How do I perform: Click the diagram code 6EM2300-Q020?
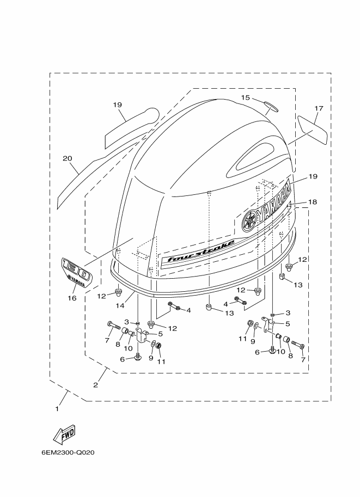68,452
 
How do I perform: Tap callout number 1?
57,409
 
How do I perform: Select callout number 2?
95,385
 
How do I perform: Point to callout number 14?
120,305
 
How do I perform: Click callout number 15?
245,97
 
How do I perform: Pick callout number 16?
72,298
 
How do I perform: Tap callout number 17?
319,108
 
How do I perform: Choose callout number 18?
313,202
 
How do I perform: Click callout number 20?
67,158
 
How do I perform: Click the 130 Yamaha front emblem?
76,273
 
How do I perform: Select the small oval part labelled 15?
271,106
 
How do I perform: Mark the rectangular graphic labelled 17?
313,130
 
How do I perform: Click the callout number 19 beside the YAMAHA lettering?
313,176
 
